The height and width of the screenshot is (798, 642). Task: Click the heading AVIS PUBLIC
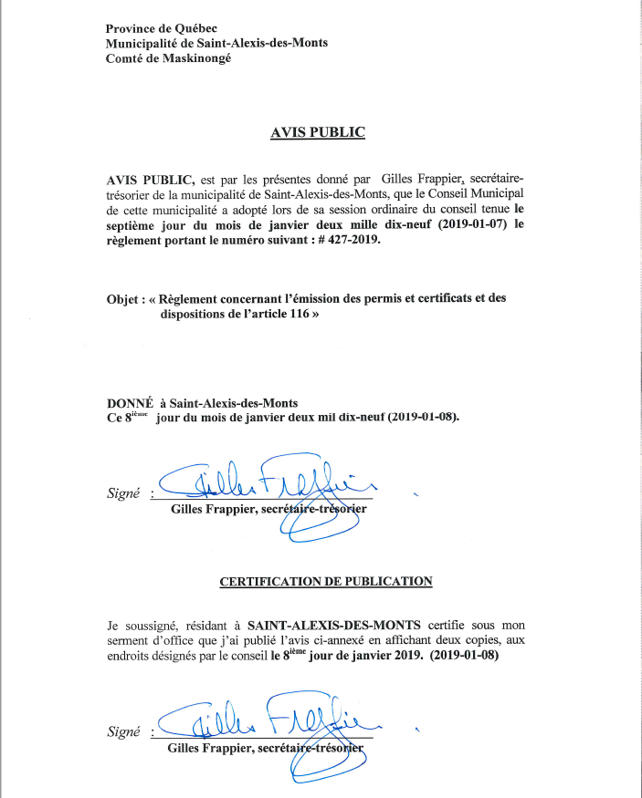pyautogui.click(x=318, y=132)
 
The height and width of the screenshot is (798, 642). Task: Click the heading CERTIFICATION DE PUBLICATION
pyautogui.click(x=326, y=580)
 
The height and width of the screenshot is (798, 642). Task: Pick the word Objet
pyautogui.click(x=123, y=298)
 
